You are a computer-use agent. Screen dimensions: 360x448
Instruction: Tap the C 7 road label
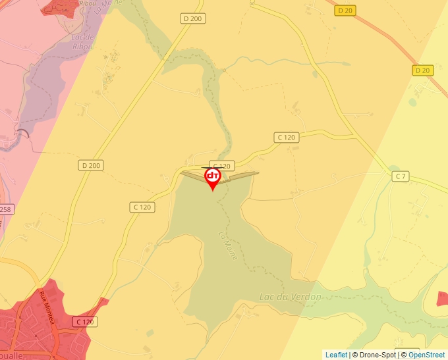click(401, 176)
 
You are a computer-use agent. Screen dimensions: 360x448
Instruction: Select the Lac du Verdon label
click(291, 297)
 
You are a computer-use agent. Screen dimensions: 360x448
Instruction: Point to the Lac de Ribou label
click(82, 42)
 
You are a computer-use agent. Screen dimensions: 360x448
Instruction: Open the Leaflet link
click(336, 355)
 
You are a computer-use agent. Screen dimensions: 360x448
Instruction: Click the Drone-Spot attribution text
click(376, 355)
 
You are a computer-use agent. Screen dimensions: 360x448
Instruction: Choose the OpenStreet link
click(426, 355)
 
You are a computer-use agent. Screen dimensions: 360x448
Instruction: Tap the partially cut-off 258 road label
click(5, 209)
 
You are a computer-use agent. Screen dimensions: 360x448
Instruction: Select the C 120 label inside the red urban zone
click(85, 322)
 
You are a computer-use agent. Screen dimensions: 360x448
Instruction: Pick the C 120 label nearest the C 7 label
click(286, 137)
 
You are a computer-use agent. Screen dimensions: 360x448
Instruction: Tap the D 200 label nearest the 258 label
click(91, 165)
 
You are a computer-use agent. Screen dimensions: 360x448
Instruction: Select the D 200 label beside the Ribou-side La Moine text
click(192, 19)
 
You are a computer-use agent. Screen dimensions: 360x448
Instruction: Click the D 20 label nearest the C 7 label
click(422, 70)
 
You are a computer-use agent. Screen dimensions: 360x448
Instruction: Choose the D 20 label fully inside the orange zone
click(344, 11)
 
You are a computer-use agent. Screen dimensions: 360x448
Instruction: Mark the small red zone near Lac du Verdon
click(442, 298)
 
